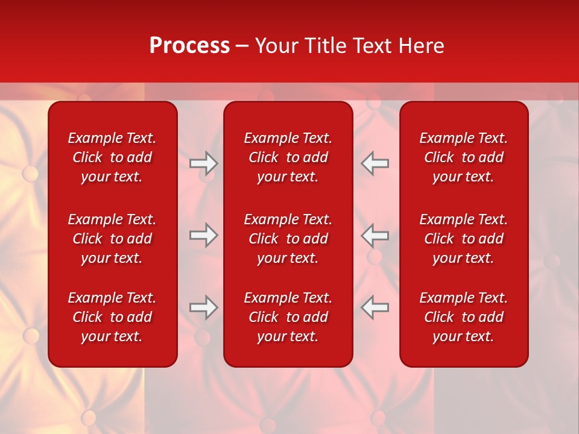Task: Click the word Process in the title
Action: tap(189, 46)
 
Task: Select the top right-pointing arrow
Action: tap(204, 163)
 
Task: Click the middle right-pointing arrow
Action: tap(204, 235)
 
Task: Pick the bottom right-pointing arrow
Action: tap(204, 307)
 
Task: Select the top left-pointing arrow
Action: tap(375, 163)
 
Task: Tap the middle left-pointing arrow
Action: tap(375, 235)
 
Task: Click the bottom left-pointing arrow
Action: tap(375, 307)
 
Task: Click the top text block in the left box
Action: tap(112, 157)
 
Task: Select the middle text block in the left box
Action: tap(112, 239)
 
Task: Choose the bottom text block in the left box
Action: tap(112, 317)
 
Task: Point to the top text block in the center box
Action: tap(288, 157)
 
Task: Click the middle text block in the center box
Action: tap(288, 239)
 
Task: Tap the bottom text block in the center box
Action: tap(288, 317)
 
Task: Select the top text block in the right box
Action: tap(463, 157)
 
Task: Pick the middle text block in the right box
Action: tap(463, 239)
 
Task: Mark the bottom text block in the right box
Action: tap(463, 317)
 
